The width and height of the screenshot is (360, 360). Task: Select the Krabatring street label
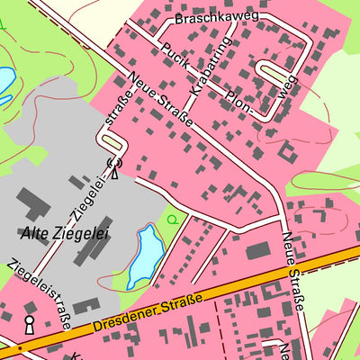[211, 67]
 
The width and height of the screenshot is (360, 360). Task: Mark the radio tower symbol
[113, 168]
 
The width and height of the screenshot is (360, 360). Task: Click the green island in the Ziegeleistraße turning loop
[111, 142]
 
